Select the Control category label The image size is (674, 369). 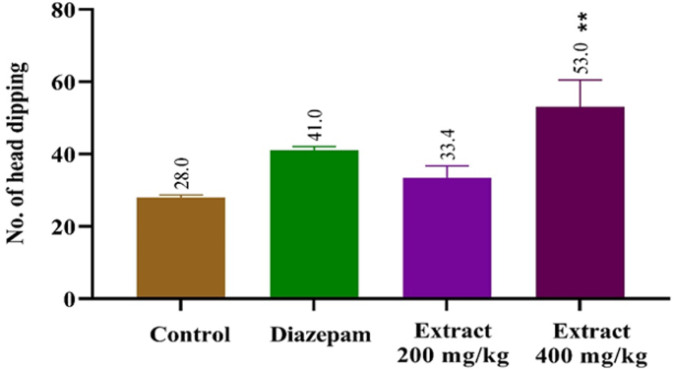(190, 333)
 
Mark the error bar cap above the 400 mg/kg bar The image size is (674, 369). (580, 80)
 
